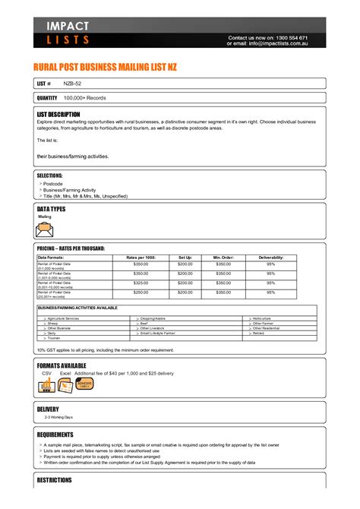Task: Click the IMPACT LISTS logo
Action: tap(68, 33)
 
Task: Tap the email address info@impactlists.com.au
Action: tap(287, 43)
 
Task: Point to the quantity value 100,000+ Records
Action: tap(85, 98)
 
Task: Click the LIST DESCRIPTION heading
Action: tap(58, 114)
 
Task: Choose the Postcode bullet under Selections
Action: tap(53, 184)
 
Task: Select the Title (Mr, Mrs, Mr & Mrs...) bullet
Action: tap(85, 196)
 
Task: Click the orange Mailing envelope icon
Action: tap(46, 229)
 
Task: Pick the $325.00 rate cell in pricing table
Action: tap(141, 282)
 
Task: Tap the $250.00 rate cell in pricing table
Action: tap(141, 292)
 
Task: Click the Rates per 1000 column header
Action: tap(141, 258)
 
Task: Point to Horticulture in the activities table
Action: tap(262, 318)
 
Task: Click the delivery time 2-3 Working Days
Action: tap(58, 418)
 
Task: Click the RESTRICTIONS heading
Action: tap(55, 480)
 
